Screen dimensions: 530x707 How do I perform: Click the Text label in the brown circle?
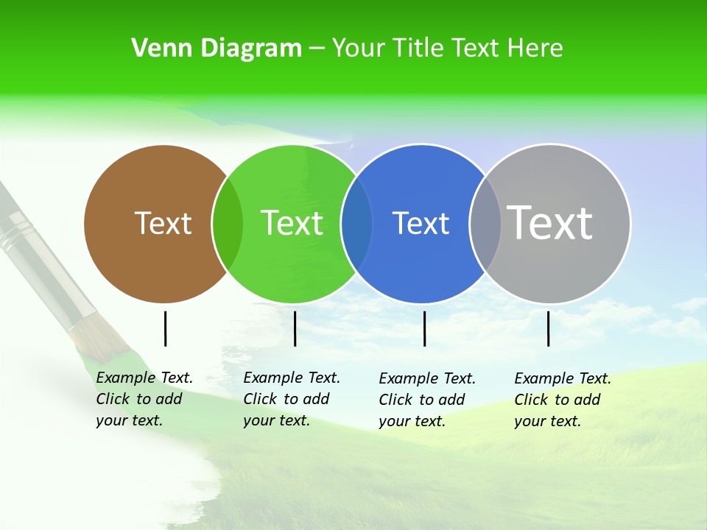click(x=163, y=223)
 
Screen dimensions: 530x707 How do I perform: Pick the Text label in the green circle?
click(x=292, y=223)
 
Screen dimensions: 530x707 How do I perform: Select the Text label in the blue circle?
click(x=421, y=223)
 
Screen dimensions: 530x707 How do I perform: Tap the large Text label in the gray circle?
click(x=550, y=223)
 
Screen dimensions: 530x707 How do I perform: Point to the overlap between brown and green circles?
click(x=228, y=223)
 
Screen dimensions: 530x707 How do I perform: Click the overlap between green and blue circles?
click(x=356, y=223)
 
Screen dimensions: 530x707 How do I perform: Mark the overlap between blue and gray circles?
click(x=485, y=223)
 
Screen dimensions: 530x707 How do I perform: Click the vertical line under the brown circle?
click(x=165, y=328)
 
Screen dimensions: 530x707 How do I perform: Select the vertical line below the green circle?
click(x=295, y=328)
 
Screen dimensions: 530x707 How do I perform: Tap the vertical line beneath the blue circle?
click(x=424, y=328)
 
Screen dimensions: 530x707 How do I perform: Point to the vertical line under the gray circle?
click(x=548, y=328)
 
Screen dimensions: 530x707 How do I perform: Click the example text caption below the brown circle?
click(x=144, y=399)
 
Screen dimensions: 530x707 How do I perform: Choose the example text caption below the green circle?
click(x=291, y=399)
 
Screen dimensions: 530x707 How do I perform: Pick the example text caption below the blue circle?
click(x=426, y=400)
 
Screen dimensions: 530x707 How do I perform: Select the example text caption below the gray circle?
click(x=562, y=400)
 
